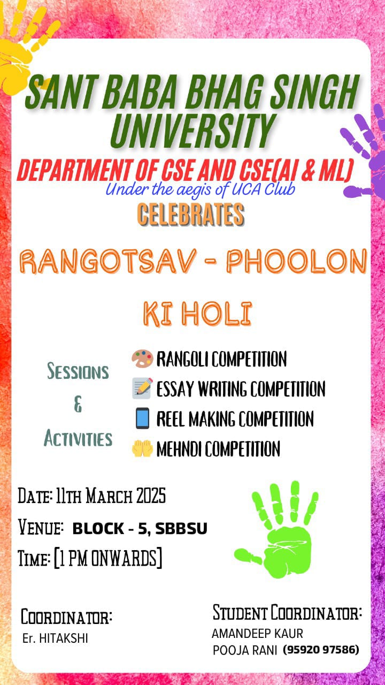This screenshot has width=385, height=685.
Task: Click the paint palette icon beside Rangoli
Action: (142, 359)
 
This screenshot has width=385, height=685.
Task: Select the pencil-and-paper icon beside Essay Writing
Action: (142, 388)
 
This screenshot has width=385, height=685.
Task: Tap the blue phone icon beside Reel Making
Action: (142, 418)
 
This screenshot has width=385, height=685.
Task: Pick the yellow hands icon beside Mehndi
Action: (142, 448)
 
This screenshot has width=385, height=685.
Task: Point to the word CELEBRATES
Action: (191, 215)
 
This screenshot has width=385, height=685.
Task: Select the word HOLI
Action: (217, 314)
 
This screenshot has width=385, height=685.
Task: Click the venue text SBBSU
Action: (181, 528)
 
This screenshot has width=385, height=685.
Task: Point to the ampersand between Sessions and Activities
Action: (78, 404)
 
